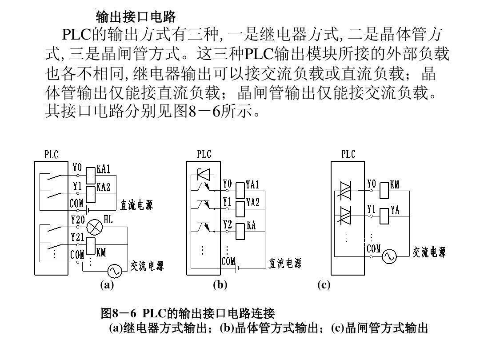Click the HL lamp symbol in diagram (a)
click(x=94, y=227)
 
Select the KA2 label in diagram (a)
click(x=103, y=187)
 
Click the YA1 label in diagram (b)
click(x=252, y=184)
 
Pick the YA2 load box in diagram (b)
click(x=240, y=207)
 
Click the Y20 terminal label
click(x=78, y=219)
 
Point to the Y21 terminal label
click(x=78, y=237)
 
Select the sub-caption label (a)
click(x=107, y=285)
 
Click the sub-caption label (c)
click(x=324, y=285)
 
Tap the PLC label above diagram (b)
click(x=204, y=154)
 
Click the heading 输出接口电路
click(x=136, y=17)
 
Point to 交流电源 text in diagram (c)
click(x=429, y=252)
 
